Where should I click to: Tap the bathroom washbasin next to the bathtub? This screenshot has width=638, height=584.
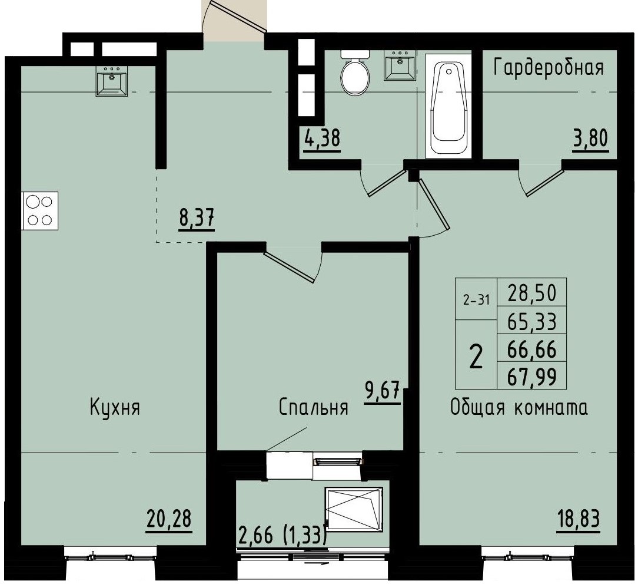[x=400, y=65]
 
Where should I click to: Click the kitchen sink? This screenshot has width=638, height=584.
[x=112, y=81]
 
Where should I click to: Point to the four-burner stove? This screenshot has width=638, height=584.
[x=39, y=210]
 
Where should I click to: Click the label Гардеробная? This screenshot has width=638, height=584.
[x=549, y=68]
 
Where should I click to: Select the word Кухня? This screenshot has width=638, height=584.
[x=115, y=407]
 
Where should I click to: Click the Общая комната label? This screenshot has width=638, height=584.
[x=519, y=408]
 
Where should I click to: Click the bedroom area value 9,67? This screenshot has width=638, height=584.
[x=383, y=391]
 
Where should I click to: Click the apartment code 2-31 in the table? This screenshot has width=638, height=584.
[x=476, y=299]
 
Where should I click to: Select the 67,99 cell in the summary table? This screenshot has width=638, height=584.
[x=531, y=377]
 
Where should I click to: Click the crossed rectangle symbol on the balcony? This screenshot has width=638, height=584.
[x=353, y=508]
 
